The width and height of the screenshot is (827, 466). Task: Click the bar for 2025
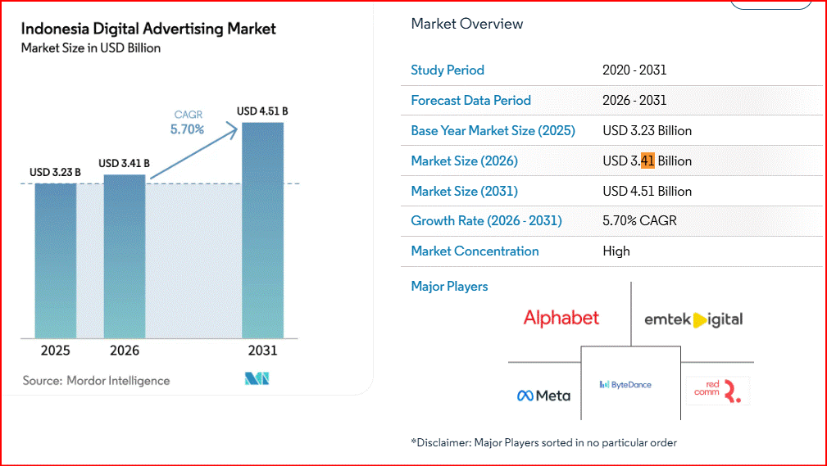(55, 260)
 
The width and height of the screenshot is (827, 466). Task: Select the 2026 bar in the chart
(125, 256)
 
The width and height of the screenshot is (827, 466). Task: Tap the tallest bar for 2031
(262, 230)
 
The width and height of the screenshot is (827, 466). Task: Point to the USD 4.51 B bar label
(262, 111)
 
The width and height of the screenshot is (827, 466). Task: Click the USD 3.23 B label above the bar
(55, 172)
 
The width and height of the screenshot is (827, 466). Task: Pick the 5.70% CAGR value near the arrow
(187, 129)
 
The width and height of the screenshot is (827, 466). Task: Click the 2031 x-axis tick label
(262, 351)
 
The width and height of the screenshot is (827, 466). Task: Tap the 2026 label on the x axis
(125, 351)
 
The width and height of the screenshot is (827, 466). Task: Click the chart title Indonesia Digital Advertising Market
(148, 29)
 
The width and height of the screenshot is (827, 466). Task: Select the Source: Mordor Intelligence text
(96, 380)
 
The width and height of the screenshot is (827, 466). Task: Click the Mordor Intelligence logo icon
(257, 378)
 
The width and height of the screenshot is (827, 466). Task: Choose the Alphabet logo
(561, 318)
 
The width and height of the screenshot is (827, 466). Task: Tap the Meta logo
(543, 396)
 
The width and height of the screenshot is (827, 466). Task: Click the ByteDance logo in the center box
(625, 384)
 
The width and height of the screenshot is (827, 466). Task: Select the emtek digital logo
(693, 319)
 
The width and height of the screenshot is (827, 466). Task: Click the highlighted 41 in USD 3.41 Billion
(647, 161)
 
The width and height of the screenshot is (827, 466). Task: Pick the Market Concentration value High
(616, 251)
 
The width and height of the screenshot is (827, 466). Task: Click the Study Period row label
(448, 70)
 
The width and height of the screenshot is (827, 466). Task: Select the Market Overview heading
(467, 24)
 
